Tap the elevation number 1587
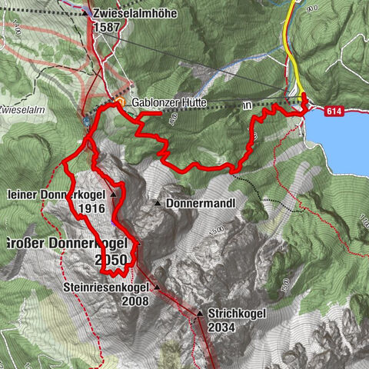[107, 26]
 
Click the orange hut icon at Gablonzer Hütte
[120, 101]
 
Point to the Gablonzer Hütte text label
[167, 102]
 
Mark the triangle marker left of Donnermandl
[158, 204]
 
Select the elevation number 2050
[111, 260]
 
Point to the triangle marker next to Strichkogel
[199, 314]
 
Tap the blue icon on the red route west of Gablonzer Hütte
[87, 121]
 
